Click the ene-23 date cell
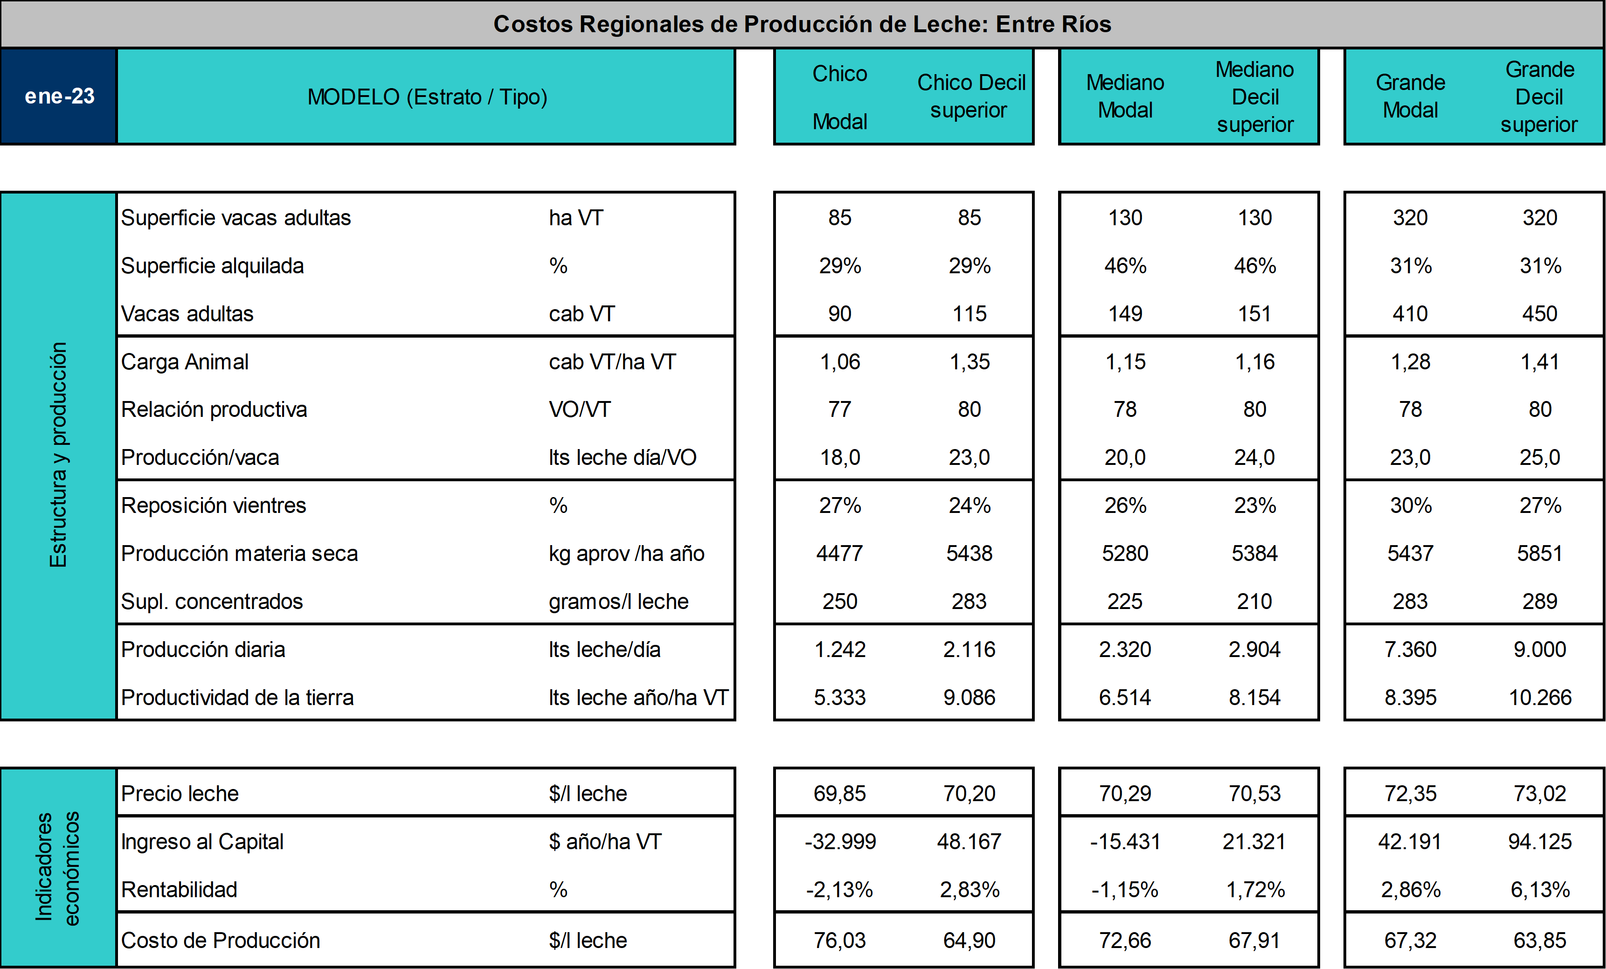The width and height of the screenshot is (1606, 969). click(59, 97)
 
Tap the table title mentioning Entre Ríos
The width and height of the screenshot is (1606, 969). click(803, 24)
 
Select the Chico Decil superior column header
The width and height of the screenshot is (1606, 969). click(970, 97)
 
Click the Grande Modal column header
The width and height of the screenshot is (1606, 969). click(1411, 97)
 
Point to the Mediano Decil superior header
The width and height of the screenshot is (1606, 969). click(1255, 97)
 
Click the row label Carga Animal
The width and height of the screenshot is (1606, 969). click(185, 362)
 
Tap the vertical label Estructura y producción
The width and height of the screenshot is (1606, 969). click(58, 455)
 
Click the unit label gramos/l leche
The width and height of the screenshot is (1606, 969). click(618, 602)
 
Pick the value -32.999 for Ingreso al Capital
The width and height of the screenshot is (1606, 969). click(840, 841)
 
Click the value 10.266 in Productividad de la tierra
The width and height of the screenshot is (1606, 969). click(1540, 697)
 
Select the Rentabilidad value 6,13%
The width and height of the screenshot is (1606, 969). click(1540, 890)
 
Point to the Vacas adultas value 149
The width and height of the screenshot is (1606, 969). click(1126, 313)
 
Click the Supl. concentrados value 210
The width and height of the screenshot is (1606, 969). click(1255, 602)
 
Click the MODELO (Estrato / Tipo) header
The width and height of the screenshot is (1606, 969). click(427, 97)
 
